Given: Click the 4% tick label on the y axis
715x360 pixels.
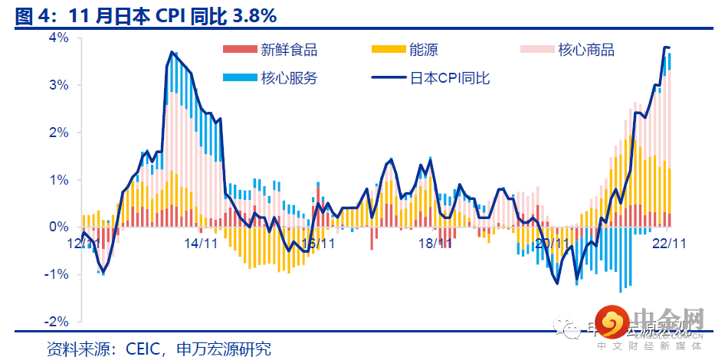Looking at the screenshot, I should (x=59, y=38).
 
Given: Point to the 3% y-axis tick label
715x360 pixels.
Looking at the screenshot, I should (x=59, y=85).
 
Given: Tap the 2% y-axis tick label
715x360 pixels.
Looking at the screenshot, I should (x=59, y=133).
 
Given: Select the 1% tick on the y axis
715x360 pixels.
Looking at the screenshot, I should (x=59, y=180).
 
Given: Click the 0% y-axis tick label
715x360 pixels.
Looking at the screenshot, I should (x=59, y=227).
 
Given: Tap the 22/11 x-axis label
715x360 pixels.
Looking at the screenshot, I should (x=668, y=243).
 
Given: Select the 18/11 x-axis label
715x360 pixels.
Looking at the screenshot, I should (x=435, y=243).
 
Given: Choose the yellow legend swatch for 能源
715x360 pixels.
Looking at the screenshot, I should (x=388, y=51).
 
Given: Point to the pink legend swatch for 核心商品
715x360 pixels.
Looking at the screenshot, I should (x=537, y=51).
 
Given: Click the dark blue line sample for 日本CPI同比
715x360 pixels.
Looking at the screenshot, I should (x=388, y=78).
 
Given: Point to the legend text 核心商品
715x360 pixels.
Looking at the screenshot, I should (x=586, y=51).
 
